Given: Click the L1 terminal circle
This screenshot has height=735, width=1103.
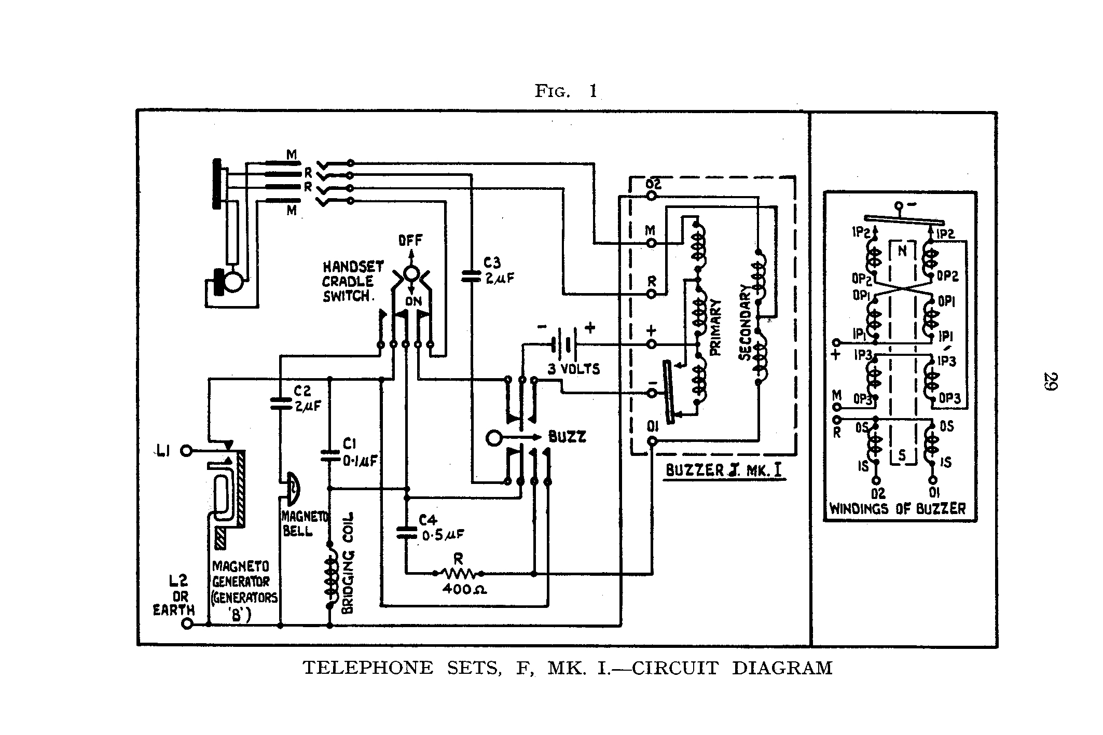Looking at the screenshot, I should (186, 451).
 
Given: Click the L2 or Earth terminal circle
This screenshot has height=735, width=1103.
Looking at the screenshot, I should (187, 625).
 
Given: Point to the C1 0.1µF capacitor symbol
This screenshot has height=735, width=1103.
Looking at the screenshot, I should (329, 455).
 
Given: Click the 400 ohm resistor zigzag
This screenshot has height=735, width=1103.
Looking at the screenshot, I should (459, 573).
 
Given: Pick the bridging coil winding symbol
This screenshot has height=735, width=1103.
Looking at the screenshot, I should (329, 576).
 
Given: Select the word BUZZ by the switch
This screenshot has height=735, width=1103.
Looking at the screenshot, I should (568, 437).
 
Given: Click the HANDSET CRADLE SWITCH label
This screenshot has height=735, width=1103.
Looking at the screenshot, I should (353, 282).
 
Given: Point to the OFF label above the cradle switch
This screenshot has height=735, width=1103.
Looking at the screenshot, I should (410, 241).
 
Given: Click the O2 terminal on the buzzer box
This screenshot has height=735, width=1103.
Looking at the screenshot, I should (652, 196).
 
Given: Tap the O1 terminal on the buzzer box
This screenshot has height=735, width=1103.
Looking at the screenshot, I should (652, 441).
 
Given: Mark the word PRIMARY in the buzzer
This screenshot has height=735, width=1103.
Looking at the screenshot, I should (715, 328).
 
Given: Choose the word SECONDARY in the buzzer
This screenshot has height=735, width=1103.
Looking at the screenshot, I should (744, 323).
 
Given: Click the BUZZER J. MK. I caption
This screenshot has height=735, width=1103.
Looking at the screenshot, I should (724, 470).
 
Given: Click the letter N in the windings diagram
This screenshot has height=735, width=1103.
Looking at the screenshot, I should (902, 251).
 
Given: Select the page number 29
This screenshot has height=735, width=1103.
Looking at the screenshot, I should (1051, 381).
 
